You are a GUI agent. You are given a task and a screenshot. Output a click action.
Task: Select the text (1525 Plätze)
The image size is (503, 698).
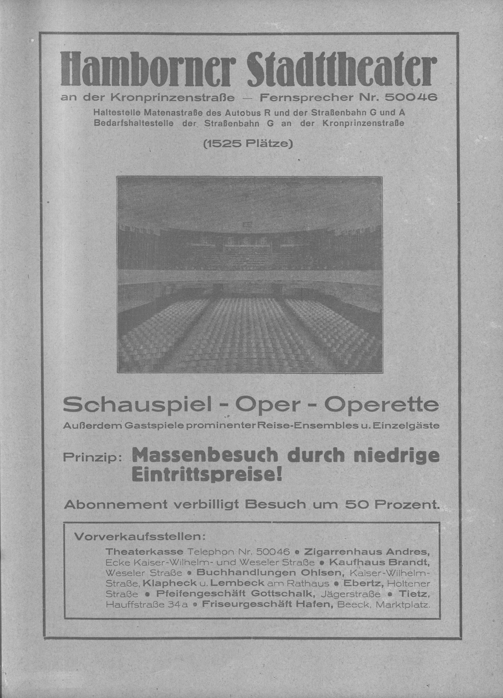pyautogui.click(x=248, y=144)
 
